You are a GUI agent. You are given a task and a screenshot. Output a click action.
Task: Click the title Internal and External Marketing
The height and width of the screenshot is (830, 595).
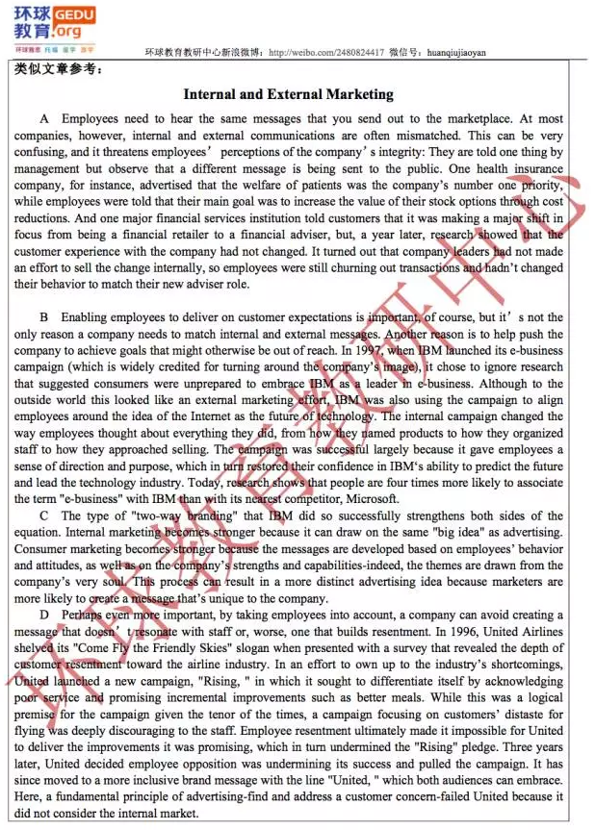(288, 94)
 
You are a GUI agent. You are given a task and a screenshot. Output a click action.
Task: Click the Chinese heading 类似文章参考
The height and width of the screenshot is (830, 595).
(58, 69)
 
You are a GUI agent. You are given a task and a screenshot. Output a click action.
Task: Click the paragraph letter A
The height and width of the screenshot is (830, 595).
(44, 118)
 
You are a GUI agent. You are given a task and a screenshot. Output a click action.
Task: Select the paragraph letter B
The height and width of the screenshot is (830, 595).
(44, 316)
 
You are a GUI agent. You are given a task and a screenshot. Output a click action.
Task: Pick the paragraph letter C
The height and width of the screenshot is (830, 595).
(44, 515)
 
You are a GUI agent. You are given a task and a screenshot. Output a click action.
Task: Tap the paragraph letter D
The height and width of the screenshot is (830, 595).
(44, 614)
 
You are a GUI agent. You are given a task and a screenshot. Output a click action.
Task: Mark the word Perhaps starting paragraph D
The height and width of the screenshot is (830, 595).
(80, 614)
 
